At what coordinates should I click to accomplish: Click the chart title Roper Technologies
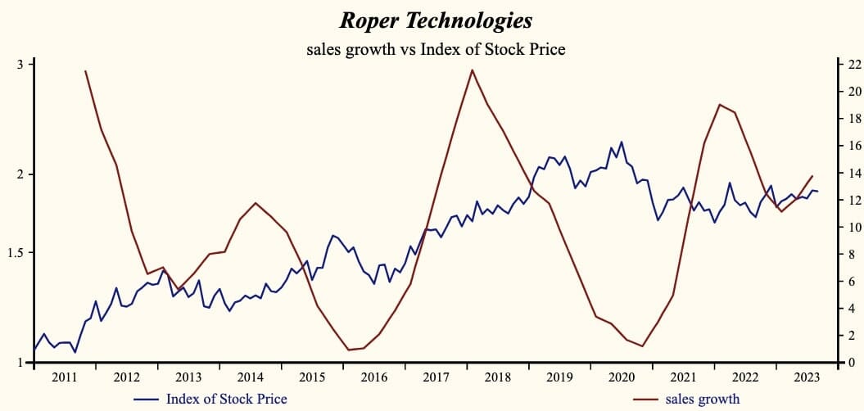coord(435,20)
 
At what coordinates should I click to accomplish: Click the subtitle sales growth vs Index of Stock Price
coord(436,49)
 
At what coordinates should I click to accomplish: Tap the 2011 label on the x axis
coord(64,377)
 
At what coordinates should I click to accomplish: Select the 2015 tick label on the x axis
coord(312,377)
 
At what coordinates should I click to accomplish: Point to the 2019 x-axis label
coord(559,377)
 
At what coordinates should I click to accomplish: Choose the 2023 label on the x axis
coord(807,377)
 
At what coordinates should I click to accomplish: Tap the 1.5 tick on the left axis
coord(17,253)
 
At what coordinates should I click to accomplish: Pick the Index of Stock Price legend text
coord(226,399)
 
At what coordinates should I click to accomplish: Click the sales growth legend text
coord(703,399)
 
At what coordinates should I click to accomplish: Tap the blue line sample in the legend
coord(145,399)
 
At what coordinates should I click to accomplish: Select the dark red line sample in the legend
coord(646,399)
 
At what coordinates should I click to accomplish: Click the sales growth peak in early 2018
coord(473,70)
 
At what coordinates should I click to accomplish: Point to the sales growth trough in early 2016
coord(349,350)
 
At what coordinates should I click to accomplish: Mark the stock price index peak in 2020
coord(622,142)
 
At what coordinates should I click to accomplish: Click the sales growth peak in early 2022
coord(719,104)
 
